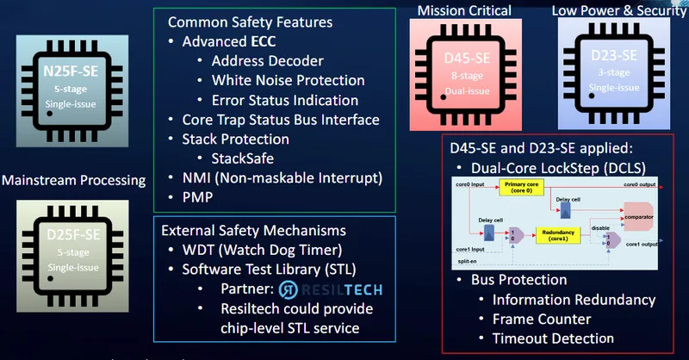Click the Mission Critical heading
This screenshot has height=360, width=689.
pos(465,10)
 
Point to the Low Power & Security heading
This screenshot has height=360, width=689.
pos(613,10)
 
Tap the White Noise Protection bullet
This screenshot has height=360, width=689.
pos(288,80)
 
